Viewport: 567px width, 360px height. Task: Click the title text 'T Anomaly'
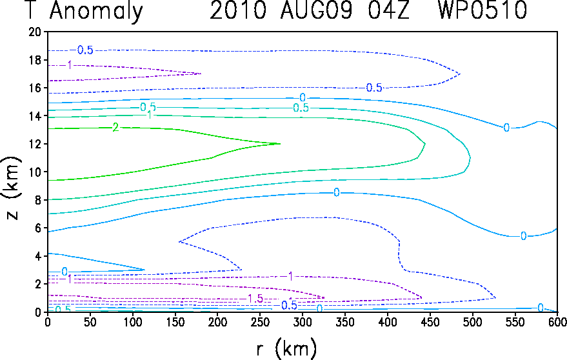[85, 10]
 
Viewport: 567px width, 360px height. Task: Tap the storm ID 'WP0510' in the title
[482, 10]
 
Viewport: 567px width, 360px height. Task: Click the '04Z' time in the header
[389, 10]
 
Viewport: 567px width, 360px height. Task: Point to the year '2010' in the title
[238, 10]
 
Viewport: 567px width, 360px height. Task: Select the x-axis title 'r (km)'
[286, 348]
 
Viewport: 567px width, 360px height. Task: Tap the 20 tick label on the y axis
[35, 32]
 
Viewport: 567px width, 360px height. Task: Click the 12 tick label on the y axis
[35, 144]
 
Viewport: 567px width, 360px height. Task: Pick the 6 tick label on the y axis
[38, 228]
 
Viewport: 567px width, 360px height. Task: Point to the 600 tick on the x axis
[557, 322]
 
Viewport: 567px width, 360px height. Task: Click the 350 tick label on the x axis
[345, 322]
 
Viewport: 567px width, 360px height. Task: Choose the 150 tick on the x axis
[175, 322]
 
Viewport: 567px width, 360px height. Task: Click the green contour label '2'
[115, 127]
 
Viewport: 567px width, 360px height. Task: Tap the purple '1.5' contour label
[255, 299]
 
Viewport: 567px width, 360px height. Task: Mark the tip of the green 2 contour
[280, 144]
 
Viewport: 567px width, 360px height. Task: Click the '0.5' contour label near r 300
[301, 108]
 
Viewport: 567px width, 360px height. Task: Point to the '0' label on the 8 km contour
[336, 192]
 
